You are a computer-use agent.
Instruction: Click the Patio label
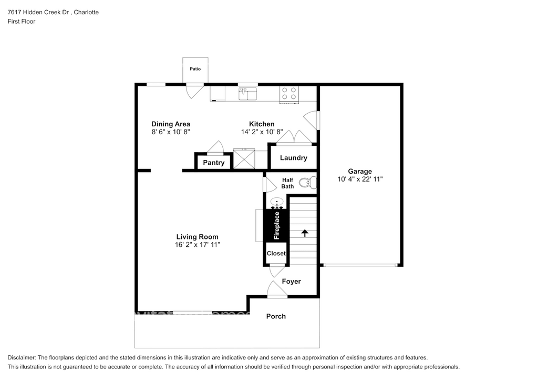[195, 69]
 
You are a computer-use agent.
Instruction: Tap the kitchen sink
[248, 94]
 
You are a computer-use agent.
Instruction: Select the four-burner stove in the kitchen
[289, 94]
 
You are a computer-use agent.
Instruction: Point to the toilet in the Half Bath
[307, 183]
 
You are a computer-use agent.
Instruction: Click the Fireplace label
[276, 225]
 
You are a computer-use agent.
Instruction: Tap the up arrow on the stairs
[305, 233]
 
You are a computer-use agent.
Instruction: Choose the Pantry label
[213, 163]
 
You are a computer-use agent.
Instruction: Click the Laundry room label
[293, 158]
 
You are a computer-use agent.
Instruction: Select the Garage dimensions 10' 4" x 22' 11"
[360, 179]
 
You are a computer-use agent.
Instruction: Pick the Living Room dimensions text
[198, 245]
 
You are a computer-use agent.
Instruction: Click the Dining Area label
[171, 124]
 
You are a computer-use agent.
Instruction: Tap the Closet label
[276, 253]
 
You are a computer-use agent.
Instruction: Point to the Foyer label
[291, 282]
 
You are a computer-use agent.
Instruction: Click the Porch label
[276, 316]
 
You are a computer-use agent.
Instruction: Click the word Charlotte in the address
[86, 12]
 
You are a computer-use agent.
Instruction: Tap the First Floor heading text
[21, 21]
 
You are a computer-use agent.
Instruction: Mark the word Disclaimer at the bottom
[22, 358]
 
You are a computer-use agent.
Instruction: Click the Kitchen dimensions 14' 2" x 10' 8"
[262, 132]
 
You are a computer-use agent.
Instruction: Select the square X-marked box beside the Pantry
[244, 159]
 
